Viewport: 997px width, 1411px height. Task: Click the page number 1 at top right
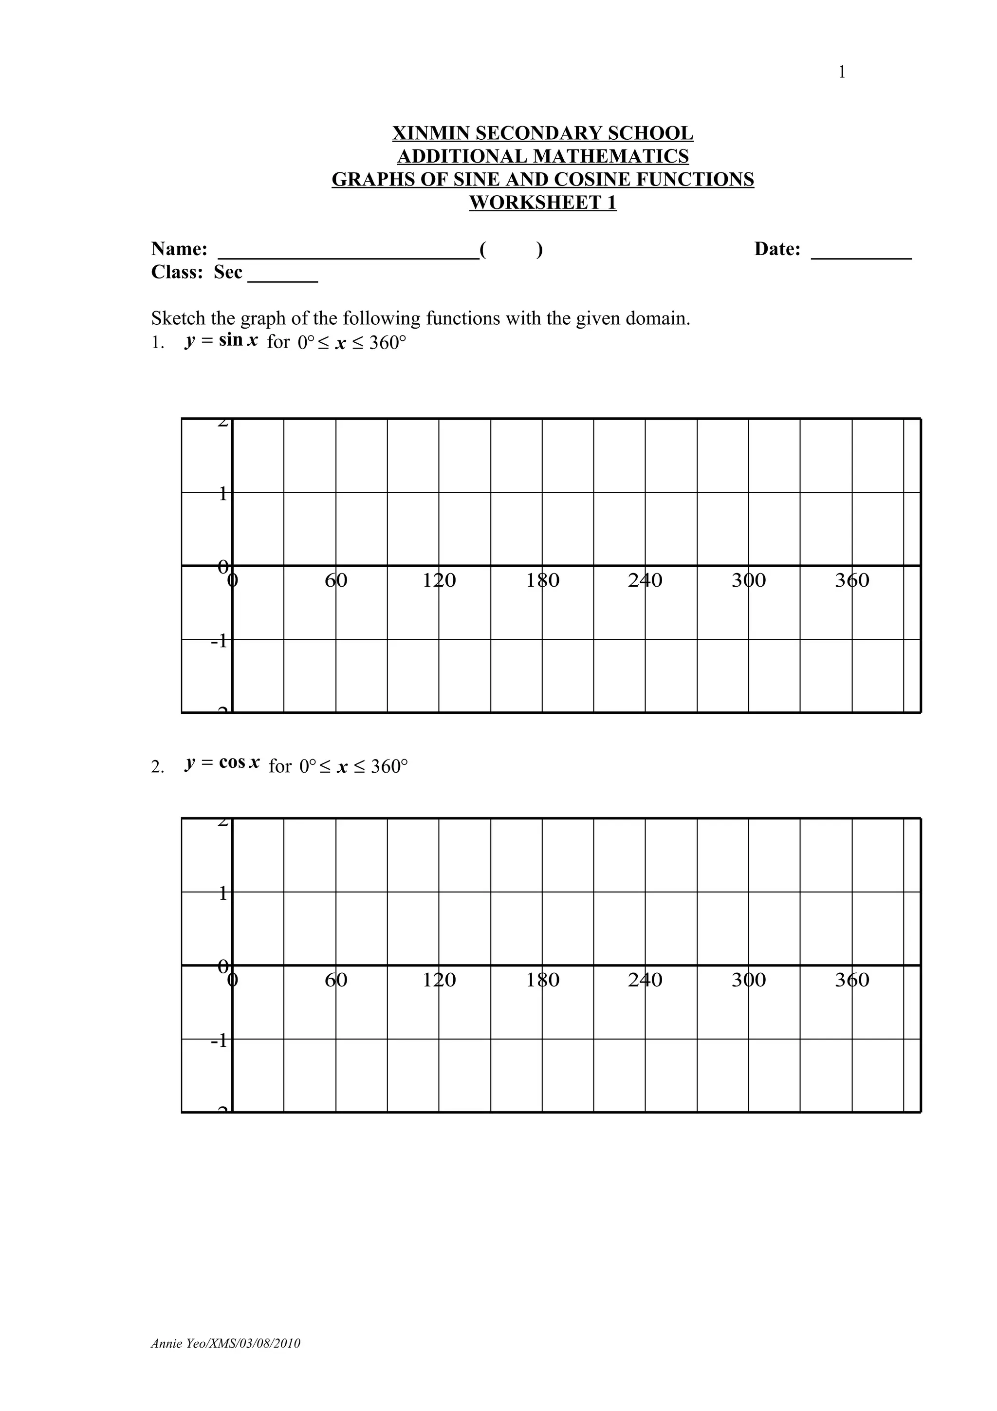tap(842, 73)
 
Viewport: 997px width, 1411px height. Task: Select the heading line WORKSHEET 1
tap(542, 203)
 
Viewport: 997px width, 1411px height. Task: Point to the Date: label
tap(777, 249)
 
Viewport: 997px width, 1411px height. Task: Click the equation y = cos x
tap(222, 764)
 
